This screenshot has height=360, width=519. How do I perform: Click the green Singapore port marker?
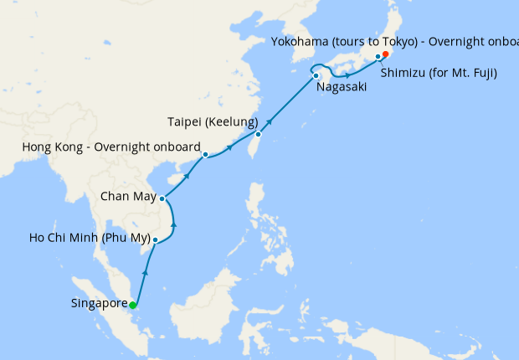(x=132, y=304)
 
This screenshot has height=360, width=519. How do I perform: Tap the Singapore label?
(x=100, y=304)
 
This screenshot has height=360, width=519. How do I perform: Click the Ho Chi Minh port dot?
(x=156, y=240)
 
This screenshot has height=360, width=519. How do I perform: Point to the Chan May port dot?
(x=162, y=198)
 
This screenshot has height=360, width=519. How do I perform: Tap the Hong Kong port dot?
(x=205, y=154)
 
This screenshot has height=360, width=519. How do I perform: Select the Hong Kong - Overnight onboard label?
(x=108, y=148)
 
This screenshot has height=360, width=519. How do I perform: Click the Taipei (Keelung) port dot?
(x=259, y=134)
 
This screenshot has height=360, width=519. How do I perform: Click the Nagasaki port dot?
(x=316, y=76)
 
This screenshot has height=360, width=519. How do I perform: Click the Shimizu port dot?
(x=378, y=57)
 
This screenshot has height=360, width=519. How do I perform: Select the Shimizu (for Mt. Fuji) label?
(x=439, y=73)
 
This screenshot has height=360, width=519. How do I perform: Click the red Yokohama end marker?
(x=386, y=54)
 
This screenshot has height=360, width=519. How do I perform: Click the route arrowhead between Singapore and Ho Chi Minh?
(x=146, y=273)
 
